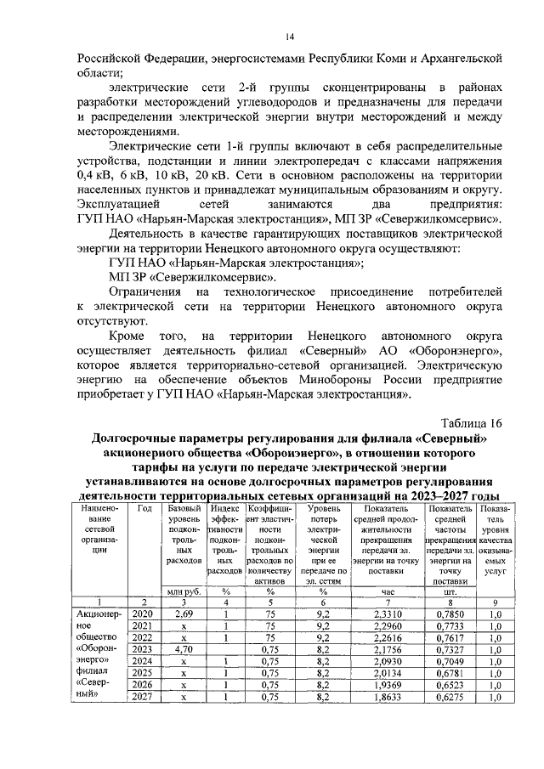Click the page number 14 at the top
click(x=289, y=36)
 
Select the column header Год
click(x=144, y=507)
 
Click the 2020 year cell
click(x=144, y=614)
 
